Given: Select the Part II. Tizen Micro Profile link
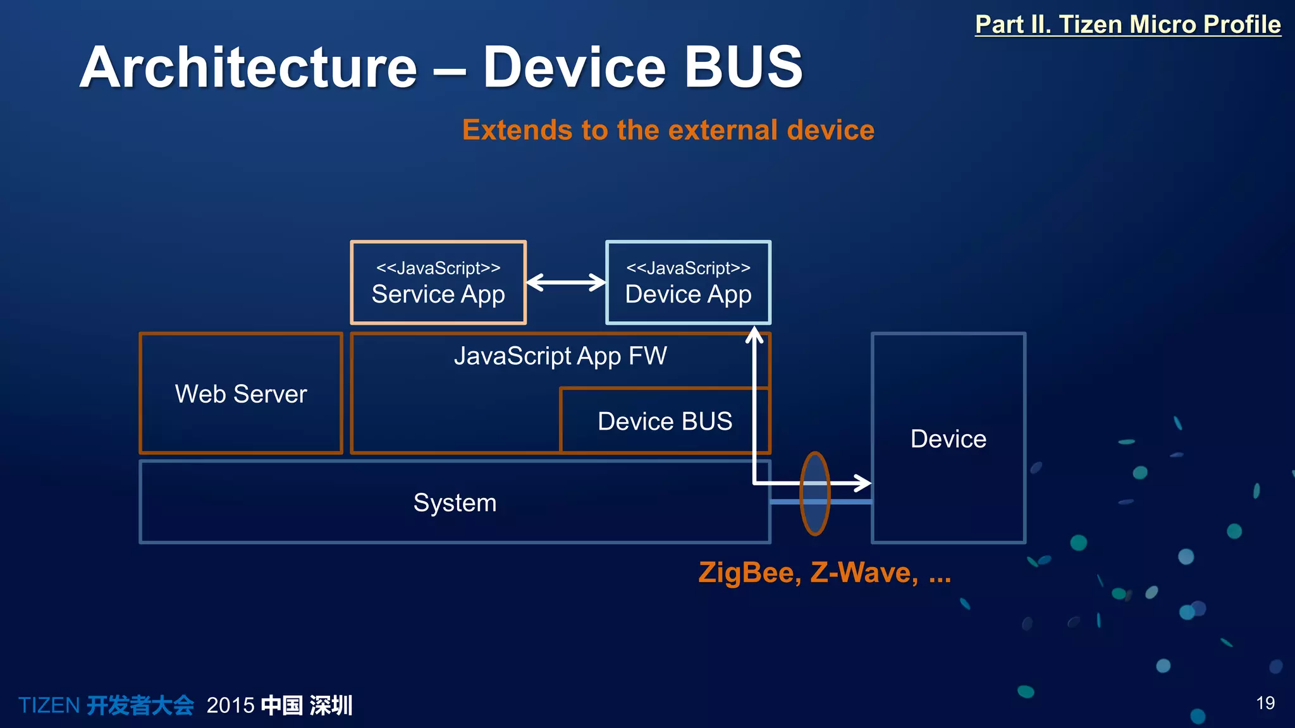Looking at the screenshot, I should (1127, 25).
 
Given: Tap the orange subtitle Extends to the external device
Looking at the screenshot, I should (668, 130).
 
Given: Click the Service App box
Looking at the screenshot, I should (438, 283).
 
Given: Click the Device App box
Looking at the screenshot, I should (688, 283).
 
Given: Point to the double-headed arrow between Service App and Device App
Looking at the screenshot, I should (566, 282).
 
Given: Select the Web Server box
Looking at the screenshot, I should (241, 394).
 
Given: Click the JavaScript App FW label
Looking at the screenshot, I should (560, 356).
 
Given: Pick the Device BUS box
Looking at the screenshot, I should (664, 422).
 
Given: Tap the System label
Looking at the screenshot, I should (455, 503).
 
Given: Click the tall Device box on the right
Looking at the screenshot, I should (948, 439).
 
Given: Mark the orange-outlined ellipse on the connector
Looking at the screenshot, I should (814, 494).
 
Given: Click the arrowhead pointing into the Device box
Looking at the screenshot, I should (864, 483).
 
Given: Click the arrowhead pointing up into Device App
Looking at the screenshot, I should (754, 334).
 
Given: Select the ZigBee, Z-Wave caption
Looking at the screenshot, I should (824, 573).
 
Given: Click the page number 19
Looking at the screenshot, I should (1265, 703).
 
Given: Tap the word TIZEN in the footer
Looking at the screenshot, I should (49, 705).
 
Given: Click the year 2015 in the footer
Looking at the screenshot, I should (230, 705).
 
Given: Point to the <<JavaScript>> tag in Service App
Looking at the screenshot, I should (438, 268).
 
